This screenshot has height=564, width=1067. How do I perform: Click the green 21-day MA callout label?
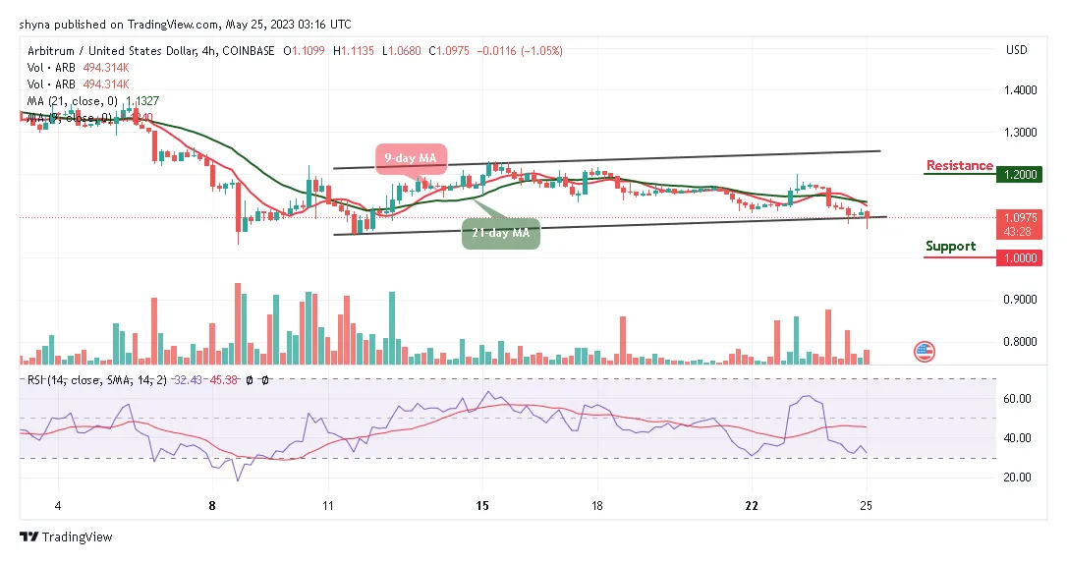[501, 233]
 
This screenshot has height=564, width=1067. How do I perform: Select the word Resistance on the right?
[959, 165]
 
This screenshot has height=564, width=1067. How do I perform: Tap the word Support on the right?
[950, 246]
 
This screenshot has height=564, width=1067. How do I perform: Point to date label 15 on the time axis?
[481, 505]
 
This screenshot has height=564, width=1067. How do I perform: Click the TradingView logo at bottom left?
[66, 537]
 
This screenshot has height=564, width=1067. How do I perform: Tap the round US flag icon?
[924, 351]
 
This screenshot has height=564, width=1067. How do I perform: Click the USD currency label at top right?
[1017, 50]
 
